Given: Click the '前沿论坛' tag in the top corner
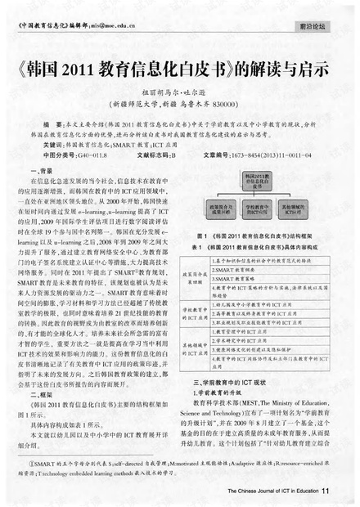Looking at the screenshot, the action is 313,27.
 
